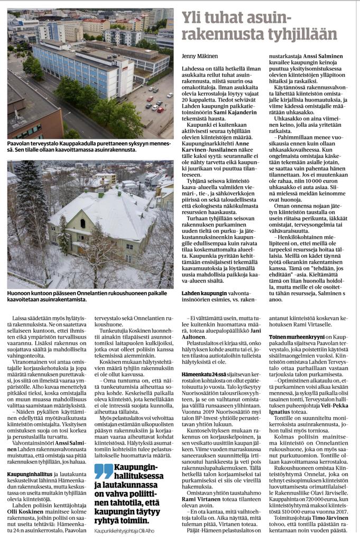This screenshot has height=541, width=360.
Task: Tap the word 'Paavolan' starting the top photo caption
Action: point(19,143)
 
